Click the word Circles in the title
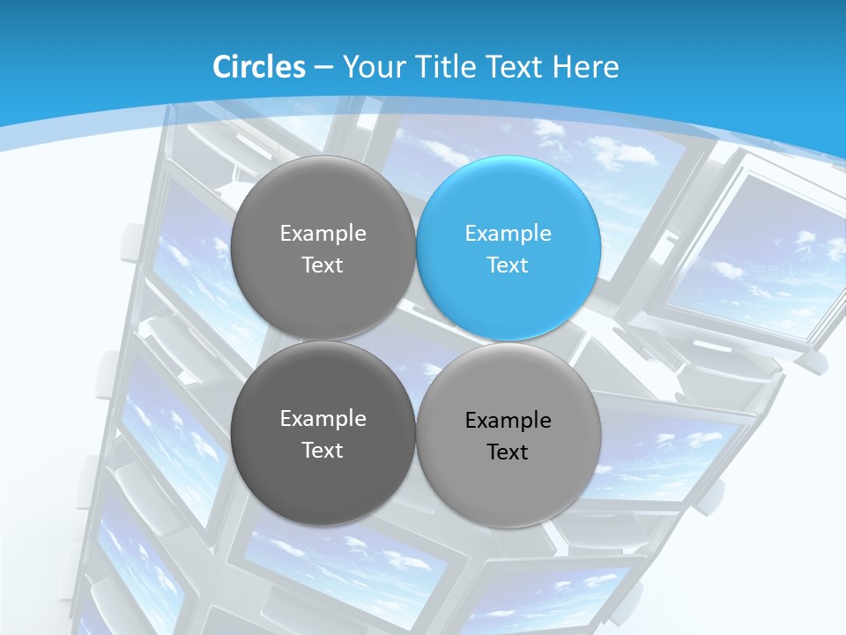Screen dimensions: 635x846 coord(258,67)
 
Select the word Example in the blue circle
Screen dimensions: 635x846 coord(508,234)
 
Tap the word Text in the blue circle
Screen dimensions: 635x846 coord(508,265)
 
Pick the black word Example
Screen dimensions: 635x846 coord(508,421)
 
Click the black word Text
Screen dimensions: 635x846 coord(508,452)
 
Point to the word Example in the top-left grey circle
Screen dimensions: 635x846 coord(323,234)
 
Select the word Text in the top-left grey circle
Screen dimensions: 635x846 coord(323,265)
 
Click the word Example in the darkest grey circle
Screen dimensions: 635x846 coord(323,419)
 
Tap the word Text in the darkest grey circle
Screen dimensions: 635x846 coord(323,451)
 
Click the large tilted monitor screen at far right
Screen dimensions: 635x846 coord(758,256)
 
